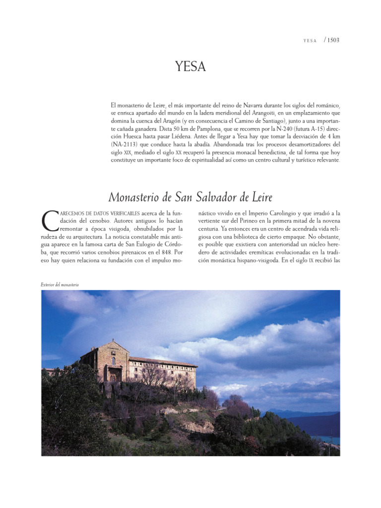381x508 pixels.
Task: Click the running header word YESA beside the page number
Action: [x=310, y=40]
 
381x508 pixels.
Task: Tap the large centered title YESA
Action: [x=190, y=66]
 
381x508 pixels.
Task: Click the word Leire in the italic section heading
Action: [x=259, y=197]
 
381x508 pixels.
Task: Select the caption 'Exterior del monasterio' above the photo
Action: [x=60, y=285]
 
